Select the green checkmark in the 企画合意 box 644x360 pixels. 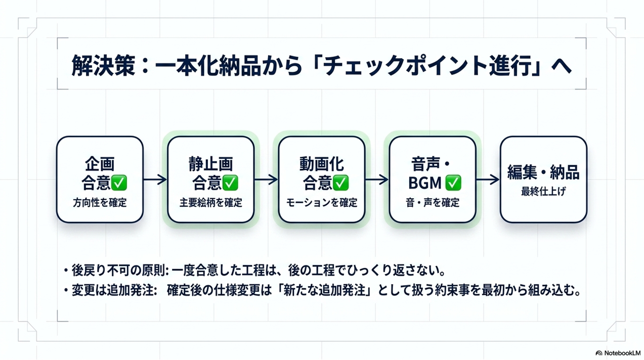tap(119, 182)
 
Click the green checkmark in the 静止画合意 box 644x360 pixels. tap(231, 182)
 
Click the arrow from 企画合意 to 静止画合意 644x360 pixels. tap(155, 179)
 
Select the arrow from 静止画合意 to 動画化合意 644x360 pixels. tap(266, 179)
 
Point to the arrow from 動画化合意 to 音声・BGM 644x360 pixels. tap(377, 179)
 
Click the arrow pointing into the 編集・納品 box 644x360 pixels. tap(488, 179)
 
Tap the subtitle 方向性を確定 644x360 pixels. tap(100, 203)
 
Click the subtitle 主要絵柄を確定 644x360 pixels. tap(210, 203)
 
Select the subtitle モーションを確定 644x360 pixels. tap(322, 203)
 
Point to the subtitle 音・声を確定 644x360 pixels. tap(433, 203)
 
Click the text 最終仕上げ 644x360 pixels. tap(543, 192)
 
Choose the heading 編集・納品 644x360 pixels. tap(543, 172)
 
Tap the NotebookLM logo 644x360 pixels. tap(618, 352)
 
